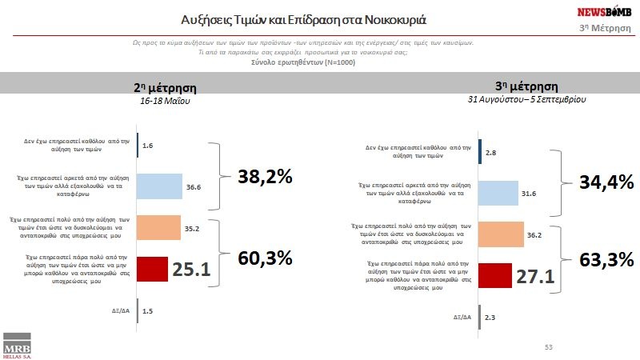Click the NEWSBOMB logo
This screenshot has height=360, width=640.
(x=606, y=13)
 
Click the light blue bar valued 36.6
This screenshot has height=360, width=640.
(x=160, y=186)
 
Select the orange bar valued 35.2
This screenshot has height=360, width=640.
(x=159, y=227)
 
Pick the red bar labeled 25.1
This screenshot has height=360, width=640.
(x=153, y=269)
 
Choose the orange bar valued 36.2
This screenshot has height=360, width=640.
(x=501, y=234)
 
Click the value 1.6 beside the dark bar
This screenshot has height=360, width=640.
(x=147, y=146)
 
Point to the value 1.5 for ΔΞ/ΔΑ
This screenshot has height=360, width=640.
(x=147, y=310)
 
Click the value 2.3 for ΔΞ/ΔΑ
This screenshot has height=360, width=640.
(x=490, y=318)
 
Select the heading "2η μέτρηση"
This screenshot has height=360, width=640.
(x=165, y=89)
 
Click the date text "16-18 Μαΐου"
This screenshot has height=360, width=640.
(x=165, y=102)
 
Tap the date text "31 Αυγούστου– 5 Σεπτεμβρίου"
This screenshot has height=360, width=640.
(x=527, y=100)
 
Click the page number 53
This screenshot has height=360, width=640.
(x=548, y=347)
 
